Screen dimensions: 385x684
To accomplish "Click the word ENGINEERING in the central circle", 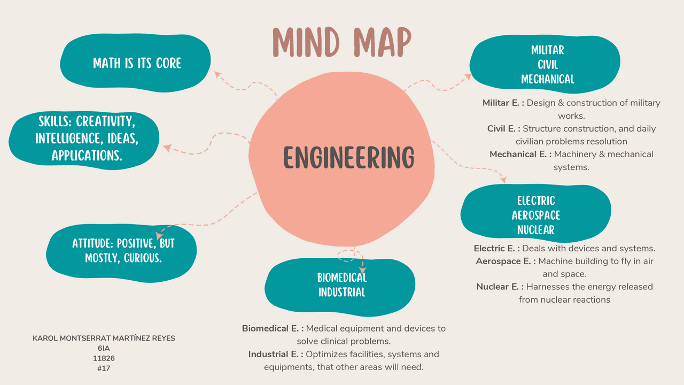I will [348, 158].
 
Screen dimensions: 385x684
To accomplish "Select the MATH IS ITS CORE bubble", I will [137, 63].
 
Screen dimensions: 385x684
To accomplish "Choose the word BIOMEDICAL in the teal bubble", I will [342, 278].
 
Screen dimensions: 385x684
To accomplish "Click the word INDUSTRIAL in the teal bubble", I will [342, 292].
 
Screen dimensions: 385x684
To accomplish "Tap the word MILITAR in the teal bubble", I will [547, 50].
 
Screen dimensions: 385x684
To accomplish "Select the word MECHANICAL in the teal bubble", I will [547, 79].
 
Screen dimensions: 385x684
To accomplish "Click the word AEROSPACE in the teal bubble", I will [536, 215].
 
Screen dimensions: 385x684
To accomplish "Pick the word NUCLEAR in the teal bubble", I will [536, 230].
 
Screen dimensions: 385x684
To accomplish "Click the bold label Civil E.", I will [503, 128].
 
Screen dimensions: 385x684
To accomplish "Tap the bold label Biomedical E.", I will [272, 328].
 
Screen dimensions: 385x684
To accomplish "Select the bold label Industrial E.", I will [275, 354].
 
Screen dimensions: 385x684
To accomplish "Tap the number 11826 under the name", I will [104, 358].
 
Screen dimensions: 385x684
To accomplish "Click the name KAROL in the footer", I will [46, 338].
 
